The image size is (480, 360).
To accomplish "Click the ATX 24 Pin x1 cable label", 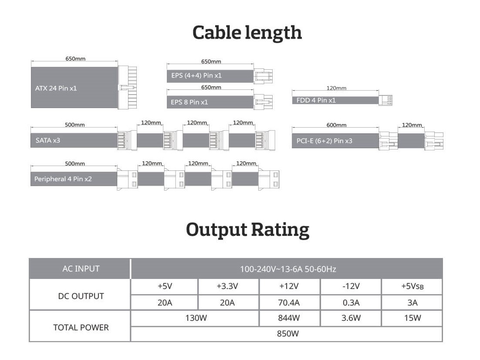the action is (x=56, y=88).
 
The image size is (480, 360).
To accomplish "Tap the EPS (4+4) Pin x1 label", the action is (x=196, y=75).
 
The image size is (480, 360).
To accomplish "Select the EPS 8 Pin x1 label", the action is (x=189, y=102).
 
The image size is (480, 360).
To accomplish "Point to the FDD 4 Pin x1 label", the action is (x=316, y=100).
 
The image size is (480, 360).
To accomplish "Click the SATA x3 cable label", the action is (x=48, y=140).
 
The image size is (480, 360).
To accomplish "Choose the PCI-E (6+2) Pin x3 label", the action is (x=324, y=141).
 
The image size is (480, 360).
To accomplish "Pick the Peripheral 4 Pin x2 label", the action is (x=63, y=179).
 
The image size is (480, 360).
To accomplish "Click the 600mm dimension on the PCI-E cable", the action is (x=336, y=125).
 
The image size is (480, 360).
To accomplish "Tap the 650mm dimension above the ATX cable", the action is (x=75, y=58).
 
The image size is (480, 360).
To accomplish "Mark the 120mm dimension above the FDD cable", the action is (x=336, y=88).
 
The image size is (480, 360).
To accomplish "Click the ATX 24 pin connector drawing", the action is (x=127, y=87).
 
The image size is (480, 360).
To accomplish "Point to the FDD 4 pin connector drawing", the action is (x=385, y=100).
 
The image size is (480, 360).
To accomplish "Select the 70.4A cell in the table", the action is (x=289, y=303).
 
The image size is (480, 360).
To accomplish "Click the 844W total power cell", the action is (x=289, y=318).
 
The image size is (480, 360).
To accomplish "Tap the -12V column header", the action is (x=351, y=286).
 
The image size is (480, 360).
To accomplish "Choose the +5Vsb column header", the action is (x=412, y=286).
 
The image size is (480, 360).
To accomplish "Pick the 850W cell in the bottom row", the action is (x=288, y=333).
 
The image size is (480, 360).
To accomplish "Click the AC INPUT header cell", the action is (x=81, y=269).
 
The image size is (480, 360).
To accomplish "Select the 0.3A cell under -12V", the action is (x=351, y=303).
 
